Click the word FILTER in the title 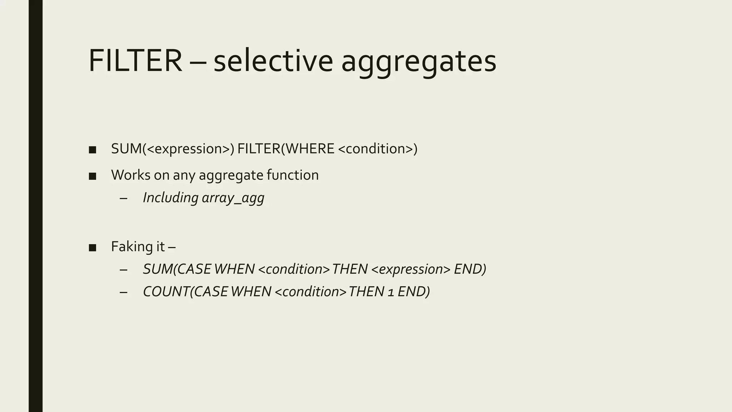tap(135, 61)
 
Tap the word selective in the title tap(273, 61)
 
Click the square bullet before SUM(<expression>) tap(93, 150)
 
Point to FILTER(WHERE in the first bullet tap(286, 149)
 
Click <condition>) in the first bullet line tap(377, 149)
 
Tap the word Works tap(130, 175)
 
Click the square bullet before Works tap(93, 176)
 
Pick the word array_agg tap(233, 198)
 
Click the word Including tap(170, 198)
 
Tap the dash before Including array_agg tap(124, 198)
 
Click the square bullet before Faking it tap(93, 247)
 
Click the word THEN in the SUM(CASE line tap(350, 269)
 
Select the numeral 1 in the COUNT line tap(391, 292)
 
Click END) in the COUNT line tap(414, 291)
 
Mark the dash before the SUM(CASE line tap(124, 270)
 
